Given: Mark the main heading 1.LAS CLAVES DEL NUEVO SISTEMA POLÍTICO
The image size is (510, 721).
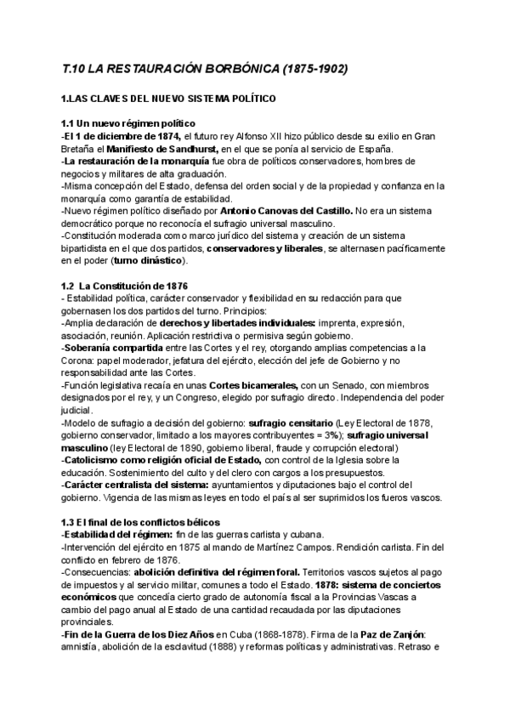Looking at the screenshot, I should click(169, 99).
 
